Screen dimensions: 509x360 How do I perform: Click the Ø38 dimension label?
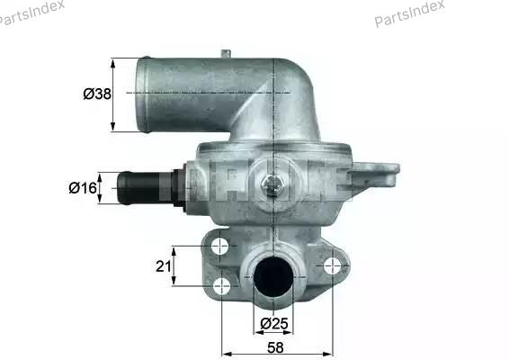97,94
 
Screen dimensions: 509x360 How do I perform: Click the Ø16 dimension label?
83,188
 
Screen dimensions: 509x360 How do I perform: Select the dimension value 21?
164,266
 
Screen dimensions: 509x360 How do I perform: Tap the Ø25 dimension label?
274,323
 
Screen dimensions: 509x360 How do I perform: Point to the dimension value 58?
275,347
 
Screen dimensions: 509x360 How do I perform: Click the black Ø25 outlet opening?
273,276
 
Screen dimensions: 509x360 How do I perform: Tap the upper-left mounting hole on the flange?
219,247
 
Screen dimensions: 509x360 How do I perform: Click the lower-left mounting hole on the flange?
222,286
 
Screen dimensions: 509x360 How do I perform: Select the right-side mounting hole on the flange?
333,266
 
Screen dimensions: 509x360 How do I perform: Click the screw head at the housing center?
272,185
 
